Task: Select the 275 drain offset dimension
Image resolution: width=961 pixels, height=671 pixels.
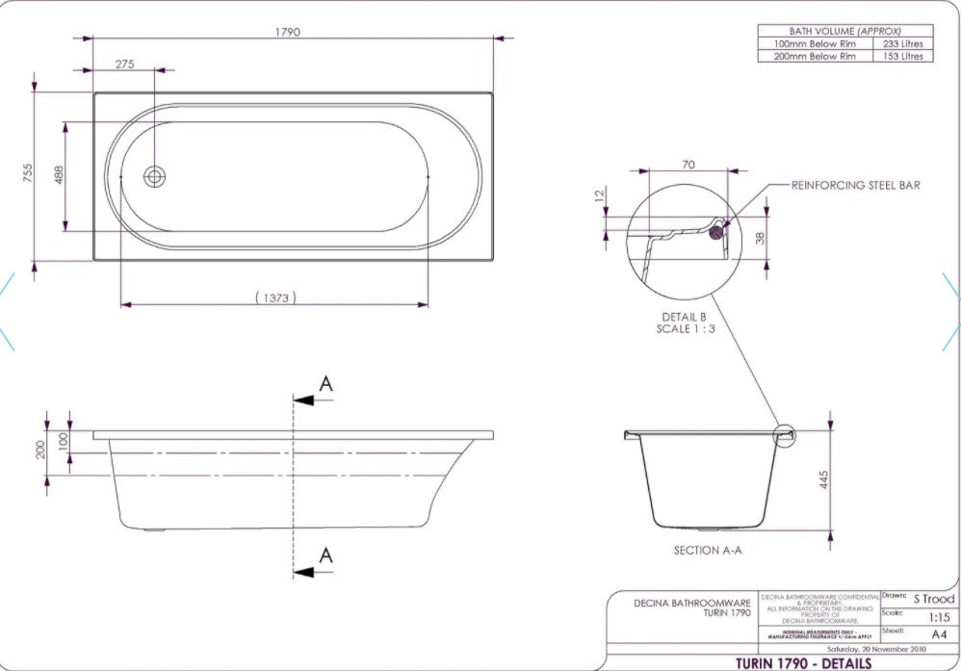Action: (124, 64)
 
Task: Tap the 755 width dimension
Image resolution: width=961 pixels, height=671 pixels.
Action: (29, 172)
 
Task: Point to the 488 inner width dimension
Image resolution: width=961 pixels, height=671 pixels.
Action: (59, 175)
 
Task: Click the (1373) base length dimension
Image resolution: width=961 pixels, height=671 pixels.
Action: (274, 297)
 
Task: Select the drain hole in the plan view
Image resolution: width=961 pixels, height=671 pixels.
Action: (155, 176)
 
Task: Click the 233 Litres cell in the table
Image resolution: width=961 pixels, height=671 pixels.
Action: (902, 43)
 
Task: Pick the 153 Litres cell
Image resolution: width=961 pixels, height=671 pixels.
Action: (902, 56)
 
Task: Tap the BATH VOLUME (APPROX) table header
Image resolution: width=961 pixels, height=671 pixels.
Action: (844, 31)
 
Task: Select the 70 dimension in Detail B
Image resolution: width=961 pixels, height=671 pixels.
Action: (688, 165)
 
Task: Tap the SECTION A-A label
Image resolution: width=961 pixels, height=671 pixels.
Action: (708, 551)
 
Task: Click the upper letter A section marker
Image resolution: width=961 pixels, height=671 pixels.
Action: (325, 384)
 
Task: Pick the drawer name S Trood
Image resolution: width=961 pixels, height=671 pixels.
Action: (933, 599)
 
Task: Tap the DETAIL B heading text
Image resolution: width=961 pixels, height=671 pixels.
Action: (684, 317)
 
